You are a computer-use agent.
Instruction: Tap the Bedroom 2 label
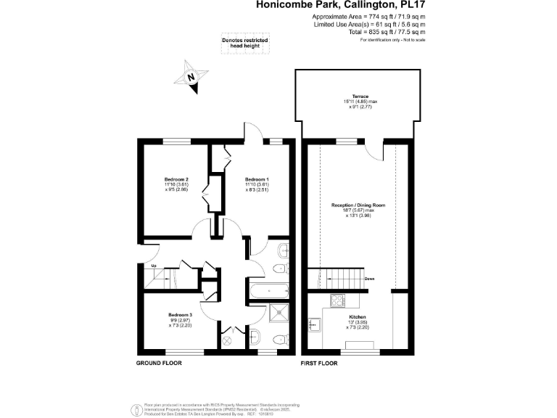(x=176, y=179)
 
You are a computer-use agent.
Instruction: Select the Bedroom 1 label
(x=257, y=179)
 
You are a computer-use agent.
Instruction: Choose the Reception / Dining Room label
(x=358, y=205)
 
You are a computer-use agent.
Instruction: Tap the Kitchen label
(x=356, y=317)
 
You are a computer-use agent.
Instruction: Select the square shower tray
(x=278, y=313)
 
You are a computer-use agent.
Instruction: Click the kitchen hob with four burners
(x=338, y=300)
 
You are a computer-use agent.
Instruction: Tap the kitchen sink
(x=315, y=324)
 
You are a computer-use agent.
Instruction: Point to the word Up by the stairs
(x=153, y=266)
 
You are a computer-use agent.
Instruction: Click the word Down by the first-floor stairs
(x=369, y=279)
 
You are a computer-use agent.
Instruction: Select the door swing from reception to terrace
(x=375, y=149)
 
